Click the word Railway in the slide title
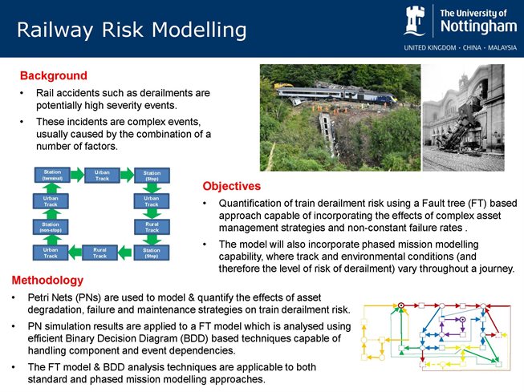(x=55, y=30)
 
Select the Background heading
(x=53, y=76)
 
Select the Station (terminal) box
(x=51, y=175)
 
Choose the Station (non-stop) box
(x=51, y=227)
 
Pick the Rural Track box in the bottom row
(x=100, y=253)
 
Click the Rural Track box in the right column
(x=151, y=227)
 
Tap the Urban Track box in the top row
(x=102, y=175)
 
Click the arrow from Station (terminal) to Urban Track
(x=76, y=175)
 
